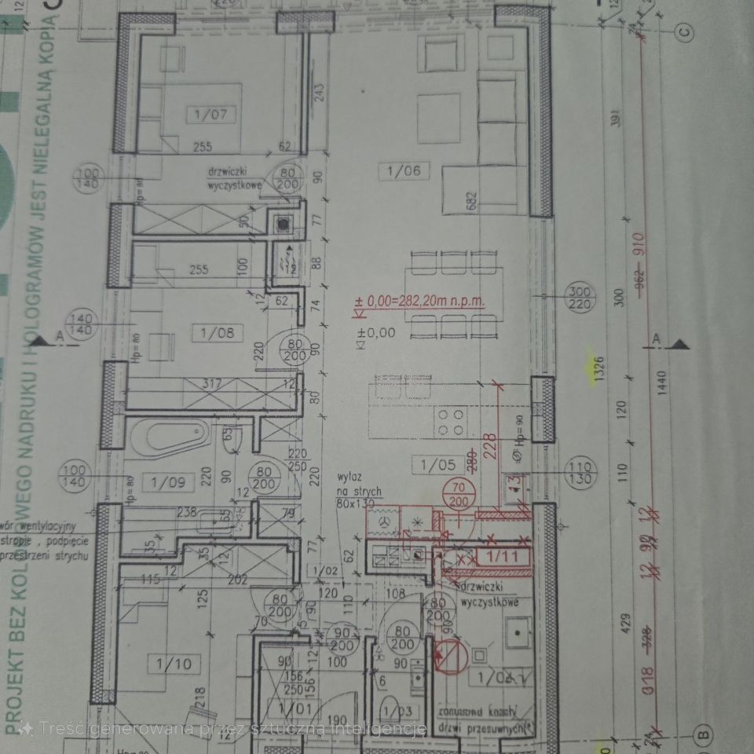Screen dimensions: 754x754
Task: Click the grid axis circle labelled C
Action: tap(685, 32)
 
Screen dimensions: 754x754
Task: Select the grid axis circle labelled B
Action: tap(705, 736)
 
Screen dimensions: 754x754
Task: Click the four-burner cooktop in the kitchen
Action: tap(451, 422)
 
